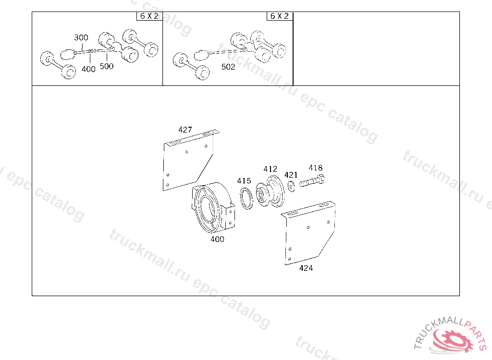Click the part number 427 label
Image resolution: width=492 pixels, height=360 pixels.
coord(185,130)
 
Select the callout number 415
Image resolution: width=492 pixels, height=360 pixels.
coord(244,180)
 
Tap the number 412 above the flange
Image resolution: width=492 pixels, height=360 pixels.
coord(270,169)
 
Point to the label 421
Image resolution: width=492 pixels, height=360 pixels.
coord(291,175)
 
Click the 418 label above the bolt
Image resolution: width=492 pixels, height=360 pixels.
coord(315,168)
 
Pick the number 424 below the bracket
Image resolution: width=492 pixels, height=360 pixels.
coord(306,268)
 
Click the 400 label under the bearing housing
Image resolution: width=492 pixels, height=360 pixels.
coord(217,239)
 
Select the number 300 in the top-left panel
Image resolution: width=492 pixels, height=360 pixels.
coord(81,37)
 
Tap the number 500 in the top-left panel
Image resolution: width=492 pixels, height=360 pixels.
coord(106,66)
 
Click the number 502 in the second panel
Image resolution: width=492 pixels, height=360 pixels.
coord(228,67)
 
